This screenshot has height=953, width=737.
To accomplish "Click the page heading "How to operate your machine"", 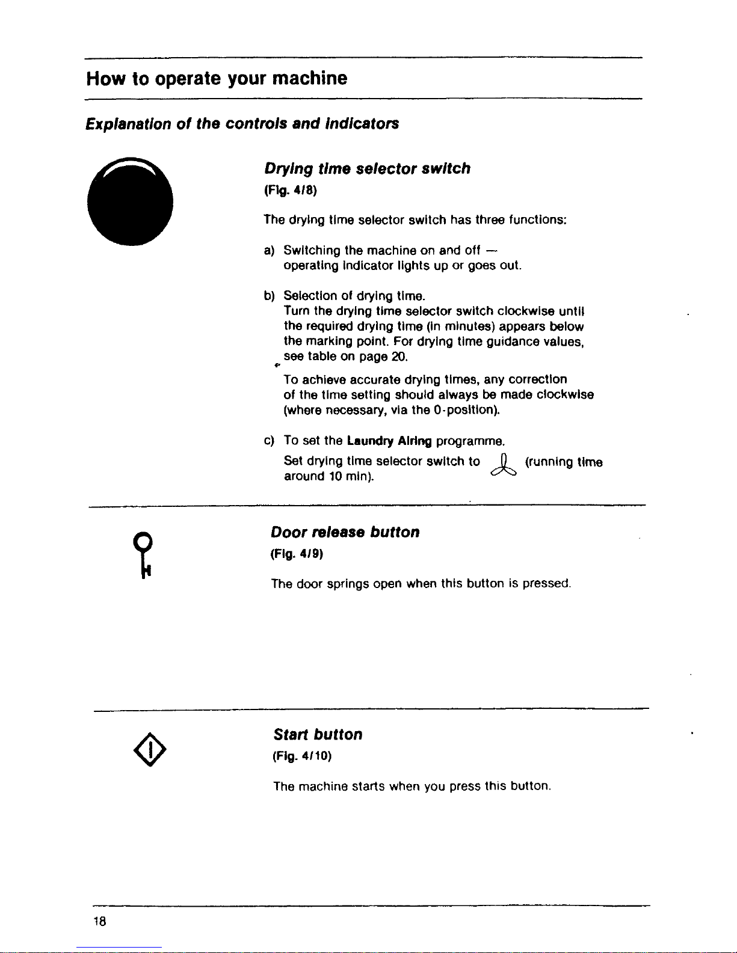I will click(217, 79).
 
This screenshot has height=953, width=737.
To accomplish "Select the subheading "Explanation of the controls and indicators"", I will click(242, 124).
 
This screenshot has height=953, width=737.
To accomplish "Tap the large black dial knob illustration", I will click(130, 201).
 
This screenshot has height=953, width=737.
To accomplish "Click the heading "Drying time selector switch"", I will click(367, 169).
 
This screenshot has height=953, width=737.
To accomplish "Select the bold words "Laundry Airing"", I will click(389, 441).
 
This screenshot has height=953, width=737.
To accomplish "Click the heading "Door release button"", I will click(345, 532).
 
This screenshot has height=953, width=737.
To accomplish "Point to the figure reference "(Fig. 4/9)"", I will click(297, 554).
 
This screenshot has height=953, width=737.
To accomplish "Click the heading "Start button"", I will click(318, 735).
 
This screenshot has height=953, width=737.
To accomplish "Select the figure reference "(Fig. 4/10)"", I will click(302, 756).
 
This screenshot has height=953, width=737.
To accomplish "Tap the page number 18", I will click(100, 921).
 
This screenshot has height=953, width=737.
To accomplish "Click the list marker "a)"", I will click(269, 251).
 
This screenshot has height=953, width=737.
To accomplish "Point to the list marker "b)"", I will click(269, 296).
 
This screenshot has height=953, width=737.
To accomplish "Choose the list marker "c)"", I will click(269, 441).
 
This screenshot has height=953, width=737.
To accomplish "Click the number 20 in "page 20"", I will click(399, 357).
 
